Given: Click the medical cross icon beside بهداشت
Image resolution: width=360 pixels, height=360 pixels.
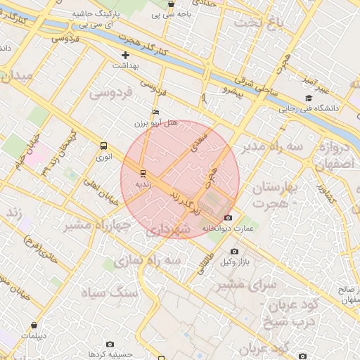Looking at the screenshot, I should point(126,55).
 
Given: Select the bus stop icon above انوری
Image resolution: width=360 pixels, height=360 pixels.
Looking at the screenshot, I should point(104,146).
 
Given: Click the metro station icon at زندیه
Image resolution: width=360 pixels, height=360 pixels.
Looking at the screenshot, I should point(143,173).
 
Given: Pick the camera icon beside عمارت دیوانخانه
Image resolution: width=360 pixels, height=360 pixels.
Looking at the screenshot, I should point(227,218).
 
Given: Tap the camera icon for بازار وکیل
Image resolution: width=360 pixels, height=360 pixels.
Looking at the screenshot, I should point(234,252).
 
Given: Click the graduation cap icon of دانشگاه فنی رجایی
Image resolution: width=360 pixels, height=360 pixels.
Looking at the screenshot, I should point(308,98).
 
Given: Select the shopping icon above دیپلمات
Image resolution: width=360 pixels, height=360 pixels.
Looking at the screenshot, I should point(35,326).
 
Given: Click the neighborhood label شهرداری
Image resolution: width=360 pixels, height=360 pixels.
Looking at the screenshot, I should point(171,230).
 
